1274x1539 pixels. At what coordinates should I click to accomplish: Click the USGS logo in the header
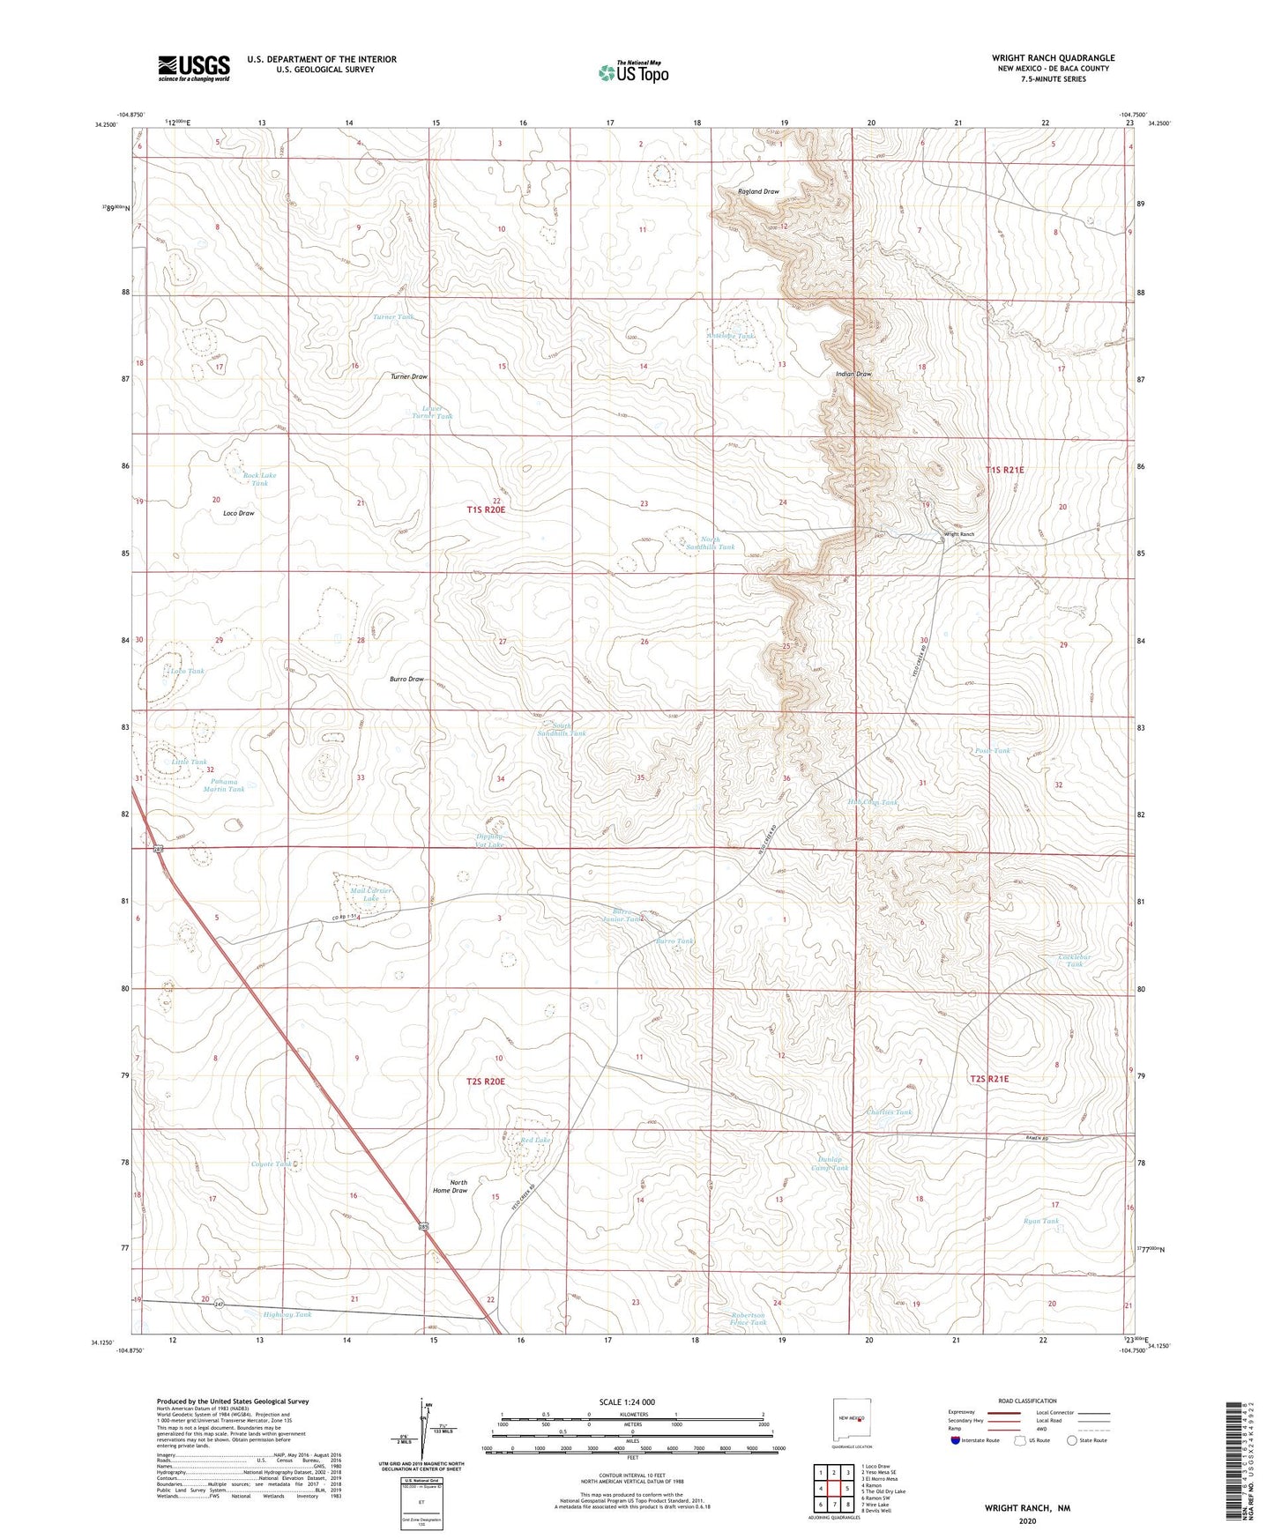pyautogui.click(x=194, y=68)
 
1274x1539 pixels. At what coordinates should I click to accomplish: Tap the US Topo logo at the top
pyautogui.click(x=633, y=72)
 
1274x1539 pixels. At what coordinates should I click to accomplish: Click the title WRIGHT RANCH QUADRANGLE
pyautogui.click(x=1053, y=58)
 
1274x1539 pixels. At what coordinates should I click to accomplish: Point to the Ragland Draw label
pyautogui.click(x=758, y=191)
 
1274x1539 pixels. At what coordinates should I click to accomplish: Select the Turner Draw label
pyautogui.click(x=409, y=376)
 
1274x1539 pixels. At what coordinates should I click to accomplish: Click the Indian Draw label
pyautogui.click(x=853, y=374)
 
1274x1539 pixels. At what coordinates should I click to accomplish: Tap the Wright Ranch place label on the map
pyautogui.click(x=959, y=534)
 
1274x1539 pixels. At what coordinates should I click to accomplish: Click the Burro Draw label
pyautogui.click(x=406, y=680)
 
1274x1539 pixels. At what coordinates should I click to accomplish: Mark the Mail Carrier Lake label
pyautogui.click(x=370, y=895)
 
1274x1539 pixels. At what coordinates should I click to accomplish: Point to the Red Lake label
pyautogui.click(x=535, y=1140)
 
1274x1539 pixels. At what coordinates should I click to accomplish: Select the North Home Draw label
pyautogui.click(x=451, y=1186)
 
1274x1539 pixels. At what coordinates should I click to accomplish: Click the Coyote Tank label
pyautogui.click(x=271, y=1164)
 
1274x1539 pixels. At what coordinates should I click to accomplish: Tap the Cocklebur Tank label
pyautogui.click(x=1074, y=960)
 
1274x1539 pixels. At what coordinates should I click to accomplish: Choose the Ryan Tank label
pyautogui.click(x=1040, y=1221)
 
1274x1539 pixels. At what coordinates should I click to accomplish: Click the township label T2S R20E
pyautogui.click(x=485, y=1081)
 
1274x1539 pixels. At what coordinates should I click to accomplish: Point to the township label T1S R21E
pyautogui.click(x=1004, y=470)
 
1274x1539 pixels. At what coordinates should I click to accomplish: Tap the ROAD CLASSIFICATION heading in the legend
pyautogui.click(x=1028, y=1401)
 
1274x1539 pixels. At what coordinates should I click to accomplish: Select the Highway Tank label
pyautogui.click(x=287, y=1314)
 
